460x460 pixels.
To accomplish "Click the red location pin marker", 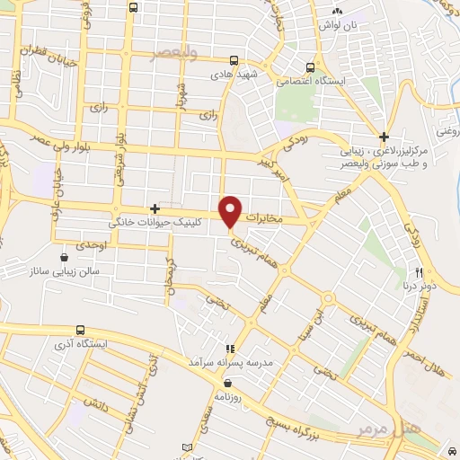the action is pos(231,210).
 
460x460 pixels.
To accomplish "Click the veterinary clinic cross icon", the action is pos(155,208).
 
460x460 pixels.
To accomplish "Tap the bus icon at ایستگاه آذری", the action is pos(81,330).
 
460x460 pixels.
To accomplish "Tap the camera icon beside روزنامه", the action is pos(218,382).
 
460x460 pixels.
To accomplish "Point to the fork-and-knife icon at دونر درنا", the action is pos(420,272).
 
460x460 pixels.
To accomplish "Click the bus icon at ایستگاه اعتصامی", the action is pos(311,66).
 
